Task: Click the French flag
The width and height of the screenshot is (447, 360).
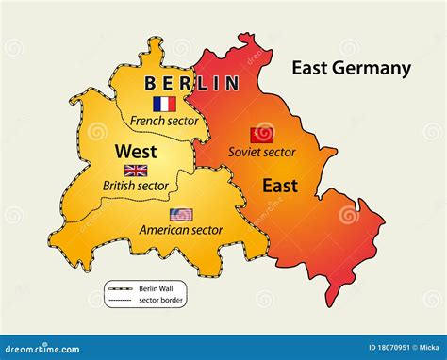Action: click(164, 105)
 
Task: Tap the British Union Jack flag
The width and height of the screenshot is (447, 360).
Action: click(136, 171)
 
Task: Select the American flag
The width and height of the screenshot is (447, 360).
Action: click(181, 214)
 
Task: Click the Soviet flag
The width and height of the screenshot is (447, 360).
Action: click(261, 135)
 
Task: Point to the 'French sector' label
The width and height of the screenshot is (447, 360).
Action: click(164, 121)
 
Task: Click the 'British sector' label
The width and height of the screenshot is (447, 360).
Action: click(136, 186)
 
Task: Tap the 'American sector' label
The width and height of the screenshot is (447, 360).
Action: click(180, 229)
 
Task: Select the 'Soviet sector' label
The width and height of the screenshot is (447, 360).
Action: click(262, 152)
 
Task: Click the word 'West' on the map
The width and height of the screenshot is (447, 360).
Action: click(136, 151)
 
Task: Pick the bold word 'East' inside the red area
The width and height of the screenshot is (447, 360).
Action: click(281, 186)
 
